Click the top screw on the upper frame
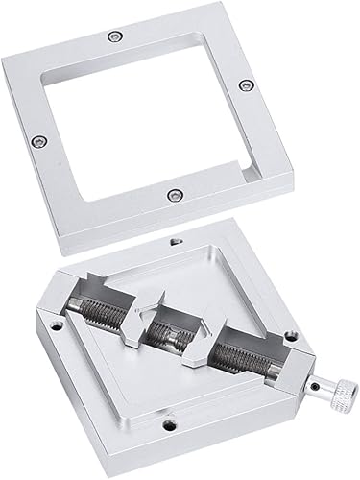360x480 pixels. click(x=115, y=36)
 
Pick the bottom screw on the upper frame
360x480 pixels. click(x=173, y=196)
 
